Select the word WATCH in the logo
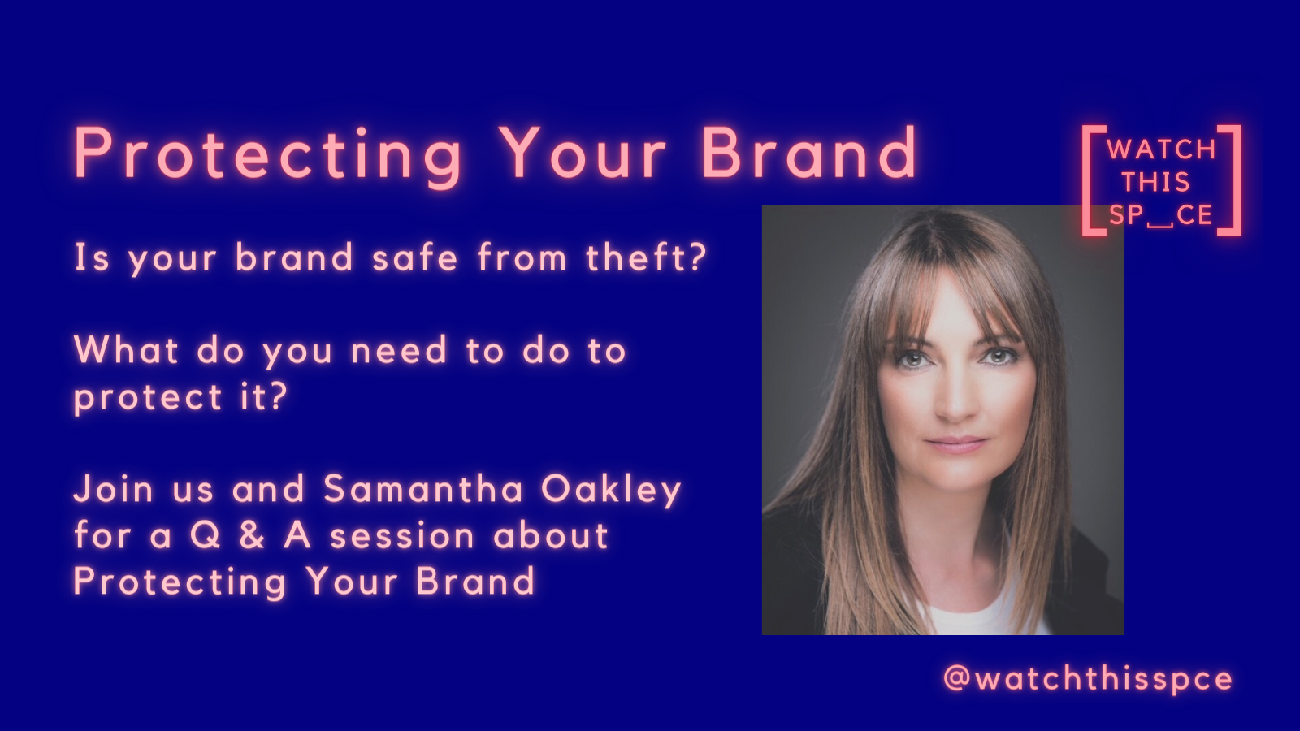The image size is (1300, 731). point(1161,149)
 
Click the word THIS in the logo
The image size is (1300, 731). point(1156,182)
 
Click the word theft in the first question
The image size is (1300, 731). point(636,257)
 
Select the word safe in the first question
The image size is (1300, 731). point(415,257)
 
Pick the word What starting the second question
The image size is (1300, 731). point(126,350)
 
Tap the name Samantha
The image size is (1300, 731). point(423,488)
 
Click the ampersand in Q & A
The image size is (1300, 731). point(251,535)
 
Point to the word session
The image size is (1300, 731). point(402,536)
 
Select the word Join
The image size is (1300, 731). point(114,488)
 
